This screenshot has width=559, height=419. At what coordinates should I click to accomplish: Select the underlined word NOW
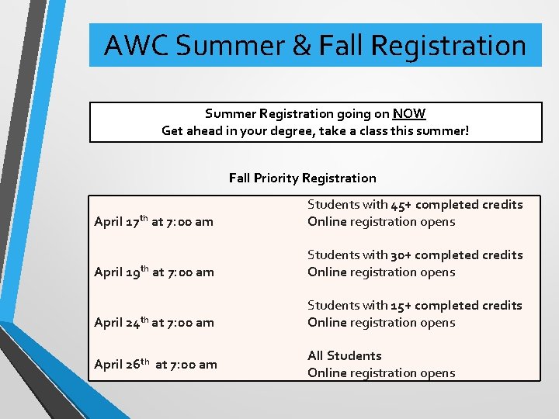(408, 113)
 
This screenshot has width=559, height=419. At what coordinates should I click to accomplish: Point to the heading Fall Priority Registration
(302, 178)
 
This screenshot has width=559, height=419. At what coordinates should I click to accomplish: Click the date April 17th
(121, 222)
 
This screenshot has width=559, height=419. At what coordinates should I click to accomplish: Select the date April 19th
(121, 272)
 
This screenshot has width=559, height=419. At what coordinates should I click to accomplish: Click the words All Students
(345, 355)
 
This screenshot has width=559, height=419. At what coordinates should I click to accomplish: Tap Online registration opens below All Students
(381, 372)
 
